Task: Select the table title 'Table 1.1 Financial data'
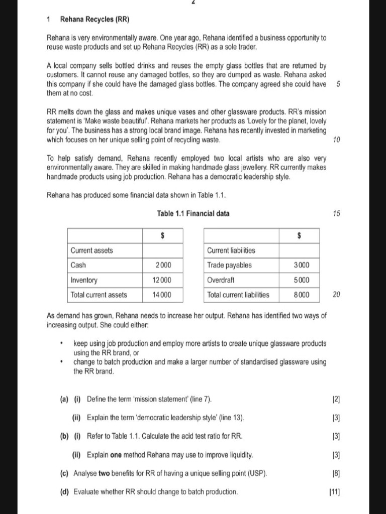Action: pyautogui.click(x=193, y=214)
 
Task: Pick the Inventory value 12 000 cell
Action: pyautogui.click(x=162, y=280)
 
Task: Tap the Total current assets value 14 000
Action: pyautogui.click(x=162, y=295)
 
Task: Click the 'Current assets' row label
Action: pyautogui.click(x=91, y=250)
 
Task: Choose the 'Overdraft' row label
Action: pyautogui.click(x=221, y=280)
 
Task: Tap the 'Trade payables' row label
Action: pyautogui.click(x=229, y=265)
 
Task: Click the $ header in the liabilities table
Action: pyautogui.click(x=299, y=235)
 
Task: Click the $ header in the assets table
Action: pyautogui.click(x=162, y=235)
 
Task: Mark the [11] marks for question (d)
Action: pyautogui.click(x=334, y=492)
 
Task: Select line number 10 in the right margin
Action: pyautogui.click(x=336, y=140)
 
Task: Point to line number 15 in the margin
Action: pyautogui.click(x=336, y=214)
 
